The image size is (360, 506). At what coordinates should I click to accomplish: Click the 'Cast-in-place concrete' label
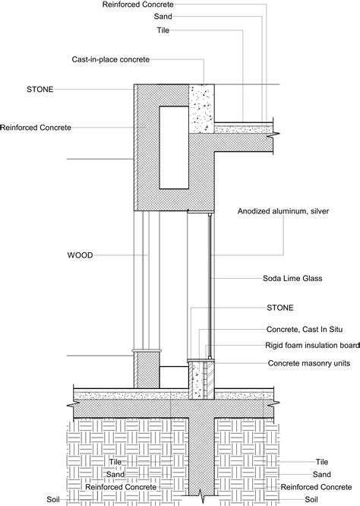[x=131, y=59]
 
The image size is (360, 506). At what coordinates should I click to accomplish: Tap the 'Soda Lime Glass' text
[x=292, y=279]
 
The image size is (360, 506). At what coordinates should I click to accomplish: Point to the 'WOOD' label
[x=79, y=256]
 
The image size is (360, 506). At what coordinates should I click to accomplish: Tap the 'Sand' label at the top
[x=163, y=16]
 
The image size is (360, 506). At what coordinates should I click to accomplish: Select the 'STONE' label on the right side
[x=279, y=308]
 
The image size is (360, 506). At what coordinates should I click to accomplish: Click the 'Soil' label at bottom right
[x=311, y=499]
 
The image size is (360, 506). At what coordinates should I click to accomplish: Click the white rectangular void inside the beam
[x=173, y=147]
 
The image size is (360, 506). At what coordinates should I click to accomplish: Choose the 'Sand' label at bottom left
[x=115, y=473]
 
